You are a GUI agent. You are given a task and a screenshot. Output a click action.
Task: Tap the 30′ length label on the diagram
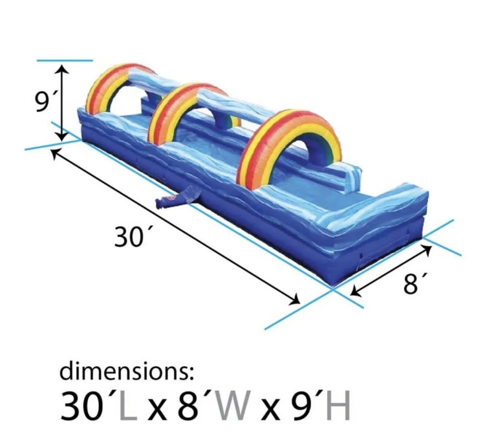(129, 237)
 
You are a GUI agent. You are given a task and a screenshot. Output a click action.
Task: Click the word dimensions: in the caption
(127, 371)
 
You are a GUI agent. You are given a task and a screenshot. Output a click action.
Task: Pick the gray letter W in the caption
(233, 405)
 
